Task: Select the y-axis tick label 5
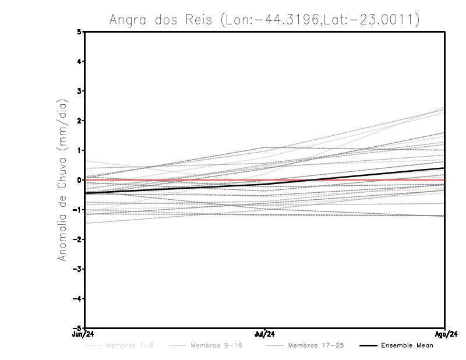(x=80, y=31)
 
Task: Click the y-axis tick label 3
(x=80, y=91)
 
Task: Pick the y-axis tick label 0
(x=80, y=180)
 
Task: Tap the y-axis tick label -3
(x=78, y=269)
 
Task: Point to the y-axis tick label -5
(x=78, y=329)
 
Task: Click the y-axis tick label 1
(x=80, y=150)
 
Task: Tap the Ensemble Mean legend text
(x=407, y=346)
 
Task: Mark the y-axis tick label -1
(x=78, y=210)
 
